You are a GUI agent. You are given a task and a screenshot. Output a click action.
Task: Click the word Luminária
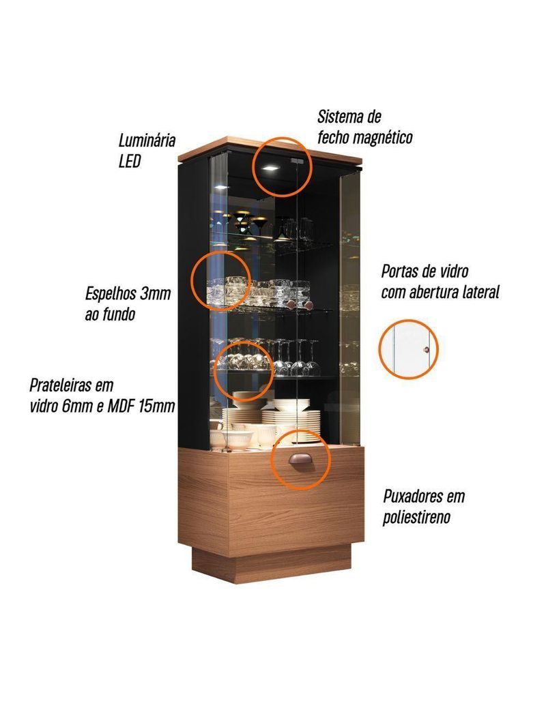pos(147,141)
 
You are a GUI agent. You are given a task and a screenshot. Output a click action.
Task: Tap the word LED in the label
pos(130,162)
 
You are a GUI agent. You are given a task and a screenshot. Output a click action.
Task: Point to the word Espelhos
pos(111,295)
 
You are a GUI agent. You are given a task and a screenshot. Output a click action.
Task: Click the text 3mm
pos(155,295)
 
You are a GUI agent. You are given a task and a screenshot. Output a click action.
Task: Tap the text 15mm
pos(158,406)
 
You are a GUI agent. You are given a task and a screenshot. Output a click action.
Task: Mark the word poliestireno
pos(417,517)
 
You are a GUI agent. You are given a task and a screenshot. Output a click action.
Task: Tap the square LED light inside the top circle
pos(270,168)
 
